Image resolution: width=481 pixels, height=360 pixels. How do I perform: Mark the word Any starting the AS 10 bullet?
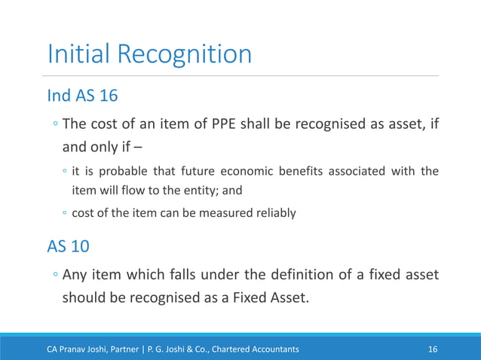tap(78, 276)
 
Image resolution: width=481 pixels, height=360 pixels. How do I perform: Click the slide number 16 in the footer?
tap(433, 349)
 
